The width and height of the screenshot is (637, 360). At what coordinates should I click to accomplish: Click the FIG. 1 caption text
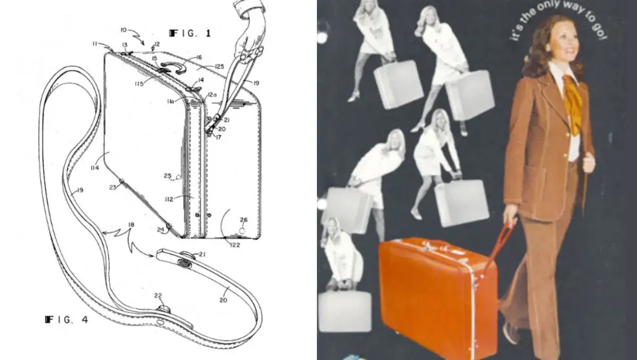pos(190,33)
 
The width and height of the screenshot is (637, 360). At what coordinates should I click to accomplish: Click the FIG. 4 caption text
pos(66,320)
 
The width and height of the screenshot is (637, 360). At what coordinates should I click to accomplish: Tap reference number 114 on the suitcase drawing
pos(94,168)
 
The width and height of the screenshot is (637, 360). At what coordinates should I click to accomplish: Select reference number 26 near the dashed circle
pos(244,219)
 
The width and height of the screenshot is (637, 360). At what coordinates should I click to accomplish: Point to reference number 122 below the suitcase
pos(235,245)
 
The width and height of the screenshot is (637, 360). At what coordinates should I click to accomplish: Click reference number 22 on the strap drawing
pos(158,296)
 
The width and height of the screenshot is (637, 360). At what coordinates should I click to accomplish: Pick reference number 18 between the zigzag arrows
pos(131,225)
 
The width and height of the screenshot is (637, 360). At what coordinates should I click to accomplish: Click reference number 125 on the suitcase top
pos(219,66)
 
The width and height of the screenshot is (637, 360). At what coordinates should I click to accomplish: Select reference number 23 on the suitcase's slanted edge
pos(113,187)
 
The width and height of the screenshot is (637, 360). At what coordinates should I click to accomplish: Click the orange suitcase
pos(438,296)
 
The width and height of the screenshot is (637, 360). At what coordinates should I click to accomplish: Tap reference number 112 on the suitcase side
pos(169,199)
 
